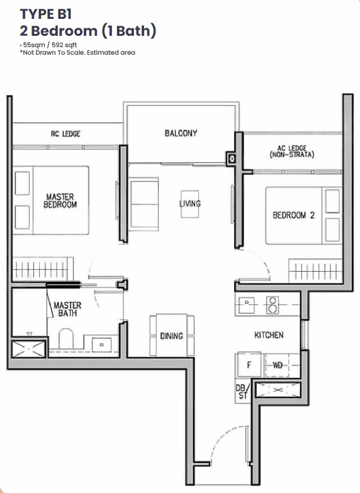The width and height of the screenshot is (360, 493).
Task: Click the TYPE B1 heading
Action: (x=46, y=14)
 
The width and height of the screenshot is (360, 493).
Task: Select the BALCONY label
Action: (x=181, y=133)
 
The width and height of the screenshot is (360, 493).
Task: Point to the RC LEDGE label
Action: (x=65, y=134)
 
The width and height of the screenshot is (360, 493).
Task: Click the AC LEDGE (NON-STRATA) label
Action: (x=292, y=151)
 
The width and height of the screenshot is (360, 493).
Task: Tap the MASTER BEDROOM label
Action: (x=60, y=201)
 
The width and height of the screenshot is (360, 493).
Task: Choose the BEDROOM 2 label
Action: (x=293, y=215)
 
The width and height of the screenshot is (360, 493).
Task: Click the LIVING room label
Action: (x=190, y=204)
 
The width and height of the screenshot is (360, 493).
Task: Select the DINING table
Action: (x=172, y=335)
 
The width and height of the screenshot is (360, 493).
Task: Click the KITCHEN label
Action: (x=269, y=335)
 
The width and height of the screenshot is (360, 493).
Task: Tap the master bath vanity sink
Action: (x=101, y=345)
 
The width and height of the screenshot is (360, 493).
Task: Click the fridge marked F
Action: (x=249, y=365)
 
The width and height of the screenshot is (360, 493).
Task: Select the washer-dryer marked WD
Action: (x=277, y=365)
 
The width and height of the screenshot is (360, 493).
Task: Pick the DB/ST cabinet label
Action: (x=242, y=391)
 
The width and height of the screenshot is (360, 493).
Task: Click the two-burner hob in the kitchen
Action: (x=272, y=305)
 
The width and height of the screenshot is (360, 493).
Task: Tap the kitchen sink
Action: (x=247, y=305)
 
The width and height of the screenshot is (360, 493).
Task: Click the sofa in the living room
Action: (x=143, y=204)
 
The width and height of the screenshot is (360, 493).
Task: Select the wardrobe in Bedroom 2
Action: (x=315, y=270)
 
